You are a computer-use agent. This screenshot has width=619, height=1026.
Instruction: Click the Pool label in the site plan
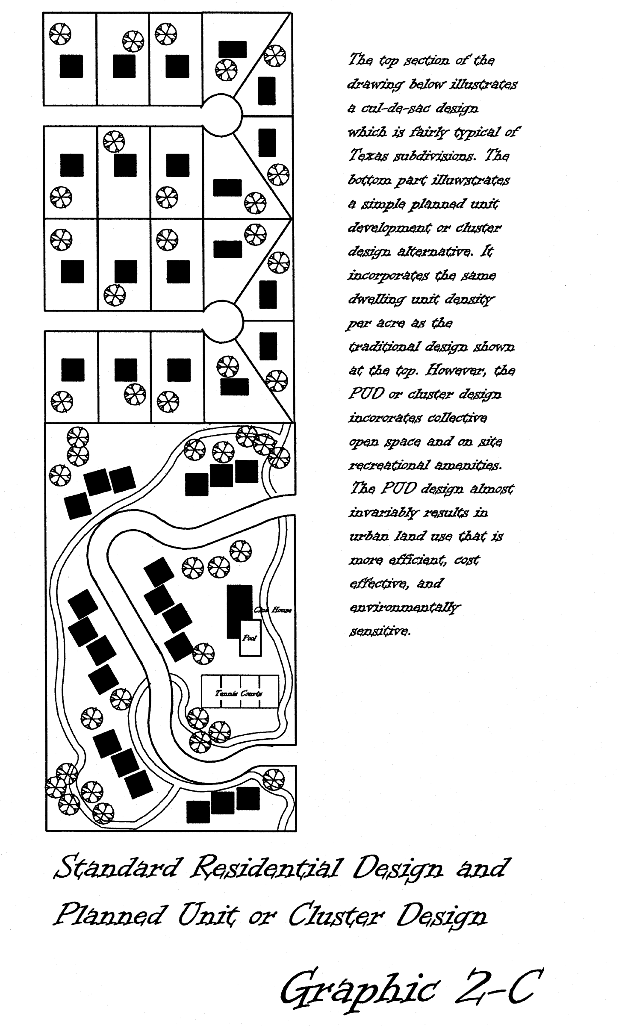point(250,638)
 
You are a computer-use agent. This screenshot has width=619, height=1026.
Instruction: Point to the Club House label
point(273,610)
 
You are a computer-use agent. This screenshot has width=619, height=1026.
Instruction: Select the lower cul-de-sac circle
point(222,321)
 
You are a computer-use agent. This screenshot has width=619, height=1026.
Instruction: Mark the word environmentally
point(404,607)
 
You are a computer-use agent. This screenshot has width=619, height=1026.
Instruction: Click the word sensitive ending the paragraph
point(380,631)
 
